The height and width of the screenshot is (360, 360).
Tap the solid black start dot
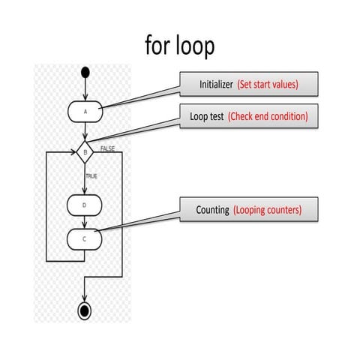[85, 73]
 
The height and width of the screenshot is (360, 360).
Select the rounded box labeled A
[85, 111]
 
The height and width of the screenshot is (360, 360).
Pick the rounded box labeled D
[85, 204]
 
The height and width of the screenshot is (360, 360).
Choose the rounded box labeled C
[85, 238]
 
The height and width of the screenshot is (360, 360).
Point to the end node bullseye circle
[85, 310]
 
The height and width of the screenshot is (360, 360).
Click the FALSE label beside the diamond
[107, 149]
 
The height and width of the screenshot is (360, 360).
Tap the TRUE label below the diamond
[91, 175]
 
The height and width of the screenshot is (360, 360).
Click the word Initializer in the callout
[217, 85]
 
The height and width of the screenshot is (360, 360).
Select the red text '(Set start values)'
[268, 85]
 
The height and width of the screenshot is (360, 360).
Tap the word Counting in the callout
[212, 210]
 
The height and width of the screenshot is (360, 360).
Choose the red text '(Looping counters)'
[268, 210]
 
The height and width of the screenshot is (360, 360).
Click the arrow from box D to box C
[85, 221]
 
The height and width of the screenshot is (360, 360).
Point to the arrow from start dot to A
[85, 89]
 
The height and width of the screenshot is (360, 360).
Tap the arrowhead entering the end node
[85, 298]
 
